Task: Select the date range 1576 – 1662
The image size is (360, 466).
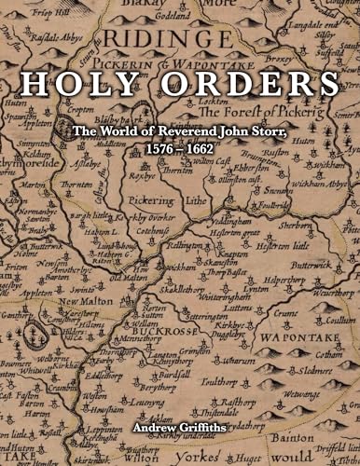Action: pyautogui.click(x=180, y=147)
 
